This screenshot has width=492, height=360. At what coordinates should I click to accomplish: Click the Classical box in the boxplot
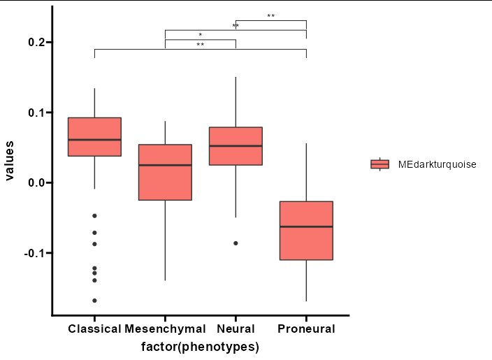[95, 137]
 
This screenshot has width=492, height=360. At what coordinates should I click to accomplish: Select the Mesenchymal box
[166, 172]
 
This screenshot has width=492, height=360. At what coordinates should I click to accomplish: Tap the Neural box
[236, 146]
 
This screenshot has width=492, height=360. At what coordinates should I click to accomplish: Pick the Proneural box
[306, 231]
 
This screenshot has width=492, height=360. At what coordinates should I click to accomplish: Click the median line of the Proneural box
[306, 226]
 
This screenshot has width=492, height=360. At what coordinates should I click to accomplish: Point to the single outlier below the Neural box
[236, 243]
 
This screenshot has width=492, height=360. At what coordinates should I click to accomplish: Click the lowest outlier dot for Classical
[94, 301]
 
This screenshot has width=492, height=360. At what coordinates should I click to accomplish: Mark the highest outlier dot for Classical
[94, 216]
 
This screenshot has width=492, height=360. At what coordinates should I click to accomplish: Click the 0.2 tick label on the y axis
[36, 42]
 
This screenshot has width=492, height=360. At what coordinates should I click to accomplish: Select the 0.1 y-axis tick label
[36, 113]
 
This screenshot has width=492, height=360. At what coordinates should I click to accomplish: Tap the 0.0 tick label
[36, 182]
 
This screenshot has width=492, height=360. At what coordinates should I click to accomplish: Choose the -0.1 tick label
[34, 253]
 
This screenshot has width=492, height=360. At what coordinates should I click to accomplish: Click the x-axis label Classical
[94, 329]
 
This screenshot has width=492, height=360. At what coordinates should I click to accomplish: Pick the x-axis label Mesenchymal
[165, 329]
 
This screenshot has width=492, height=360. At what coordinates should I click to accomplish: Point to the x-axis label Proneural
[306, 329]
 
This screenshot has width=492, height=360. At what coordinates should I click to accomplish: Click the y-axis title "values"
[9, 161]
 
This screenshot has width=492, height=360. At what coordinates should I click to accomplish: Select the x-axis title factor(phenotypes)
[200, 347]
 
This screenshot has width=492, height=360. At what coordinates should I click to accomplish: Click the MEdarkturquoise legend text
[437, 164]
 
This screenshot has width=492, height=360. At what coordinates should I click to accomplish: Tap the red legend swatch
[379, 164]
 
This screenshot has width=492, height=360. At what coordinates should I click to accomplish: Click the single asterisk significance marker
[201, 35]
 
